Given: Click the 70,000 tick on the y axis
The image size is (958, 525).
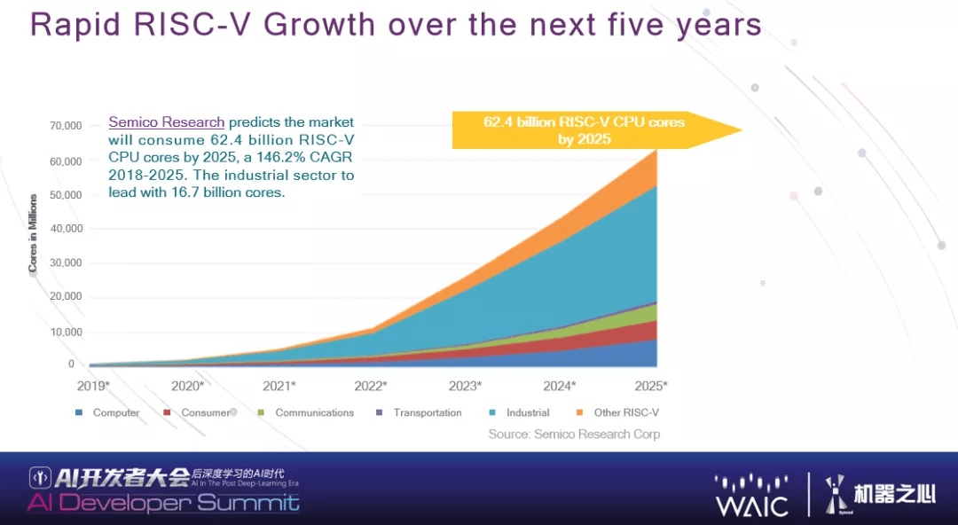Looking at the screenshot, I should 67,126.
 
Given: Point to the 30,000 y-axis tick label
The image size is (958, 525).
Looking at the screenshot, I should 67,262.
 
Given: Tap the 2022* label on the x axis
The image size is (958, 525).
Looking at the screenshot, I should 370,386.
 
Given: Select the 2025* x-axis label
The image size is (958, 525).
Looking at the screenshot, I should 650,386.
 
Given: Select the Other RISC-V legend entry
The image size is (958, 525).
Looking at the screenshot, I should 625,412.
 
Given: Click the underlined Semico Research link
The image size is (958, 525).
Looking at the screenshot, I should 167,122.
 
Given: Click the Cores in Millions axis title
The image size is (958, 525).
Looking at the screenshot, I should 33,233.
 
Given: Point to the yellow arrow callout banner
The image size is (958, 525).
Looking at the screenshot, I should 585,130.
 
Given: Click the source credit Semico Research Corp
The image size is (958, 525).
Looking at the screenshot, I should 574,434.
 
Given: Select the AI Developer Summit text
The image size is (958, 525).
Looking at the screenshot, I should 163,504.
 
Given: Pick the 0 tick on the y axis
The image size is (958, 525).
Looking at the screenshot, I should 70,364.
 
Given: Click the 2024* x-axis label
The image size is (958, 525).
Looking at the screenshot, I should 560,386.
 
